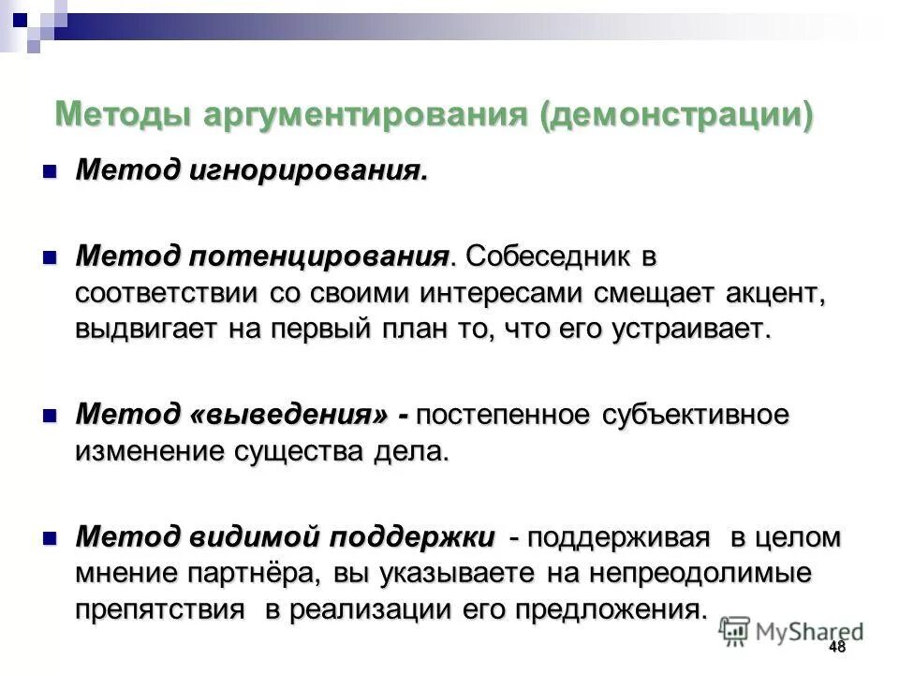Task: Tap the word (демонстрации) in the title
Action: tap(675, 115)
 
